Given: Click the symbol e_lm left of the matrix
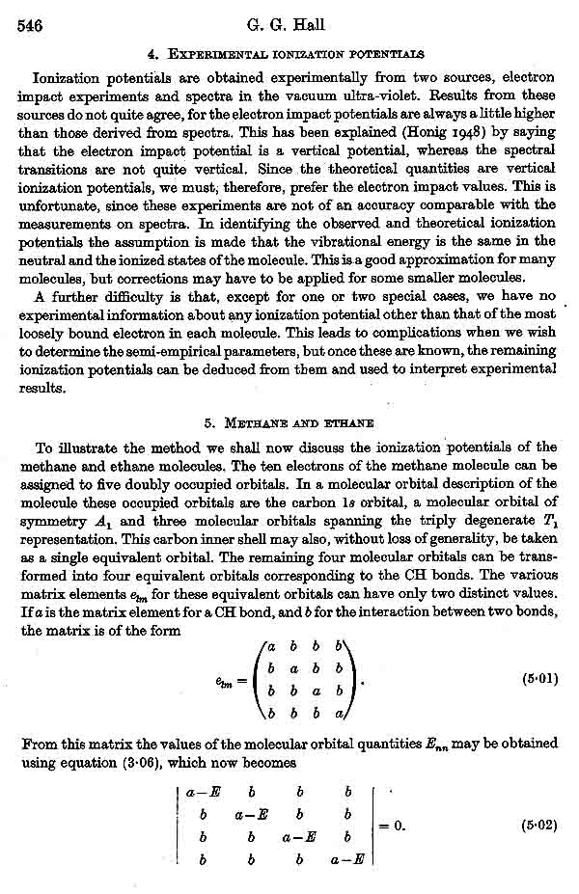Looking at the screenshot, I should point(228,679).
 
